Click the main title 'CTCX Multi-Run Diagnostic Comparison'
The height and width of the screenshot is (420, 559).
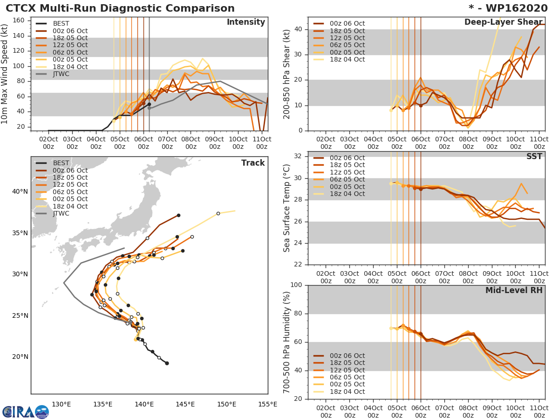pyautogui.click(x=120, y=8)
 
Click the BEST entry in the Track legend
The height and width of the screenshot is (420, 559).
pyautogui.click(x=61, y=163)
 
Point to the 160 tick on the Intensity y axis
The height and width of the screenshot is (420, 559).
pyautogui.click(x=25, y=21)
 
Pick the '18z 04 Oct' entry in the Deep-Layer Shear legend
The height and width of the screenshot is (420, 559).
pyautogui.click(x=347, y=60)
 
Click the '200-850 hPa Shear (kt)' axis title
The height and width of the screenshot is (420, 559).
pyautogui.click(x=287, y=74)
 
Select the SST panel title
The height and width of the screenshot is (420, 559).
pyautogui.click(x=534, y=156)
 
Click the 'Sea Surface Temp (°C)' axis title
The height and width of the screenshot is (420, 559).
pyautogui.click(x=287, y=208)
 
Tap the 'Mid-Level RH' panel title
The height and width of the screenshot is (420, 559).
pyautogui.click(x=514, y=290)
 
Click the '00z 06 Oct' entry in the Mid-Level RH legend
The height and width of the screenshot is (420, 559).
pyautogui.click(x=347, y=356)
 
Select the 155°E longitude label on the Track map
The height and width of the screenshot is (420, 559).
pyautogui.click(x=267, y=405)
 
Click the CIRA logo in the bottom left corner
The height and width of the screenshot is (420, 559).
pyautogui.click(x=25, y=412)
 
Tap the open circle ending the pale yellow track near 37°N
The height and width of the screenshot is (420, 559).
pyautogui.click(x=218, y=214)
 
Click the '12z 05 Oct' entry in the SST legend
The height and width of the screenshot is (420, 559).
pyautogui.click(x=347, y=172)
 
